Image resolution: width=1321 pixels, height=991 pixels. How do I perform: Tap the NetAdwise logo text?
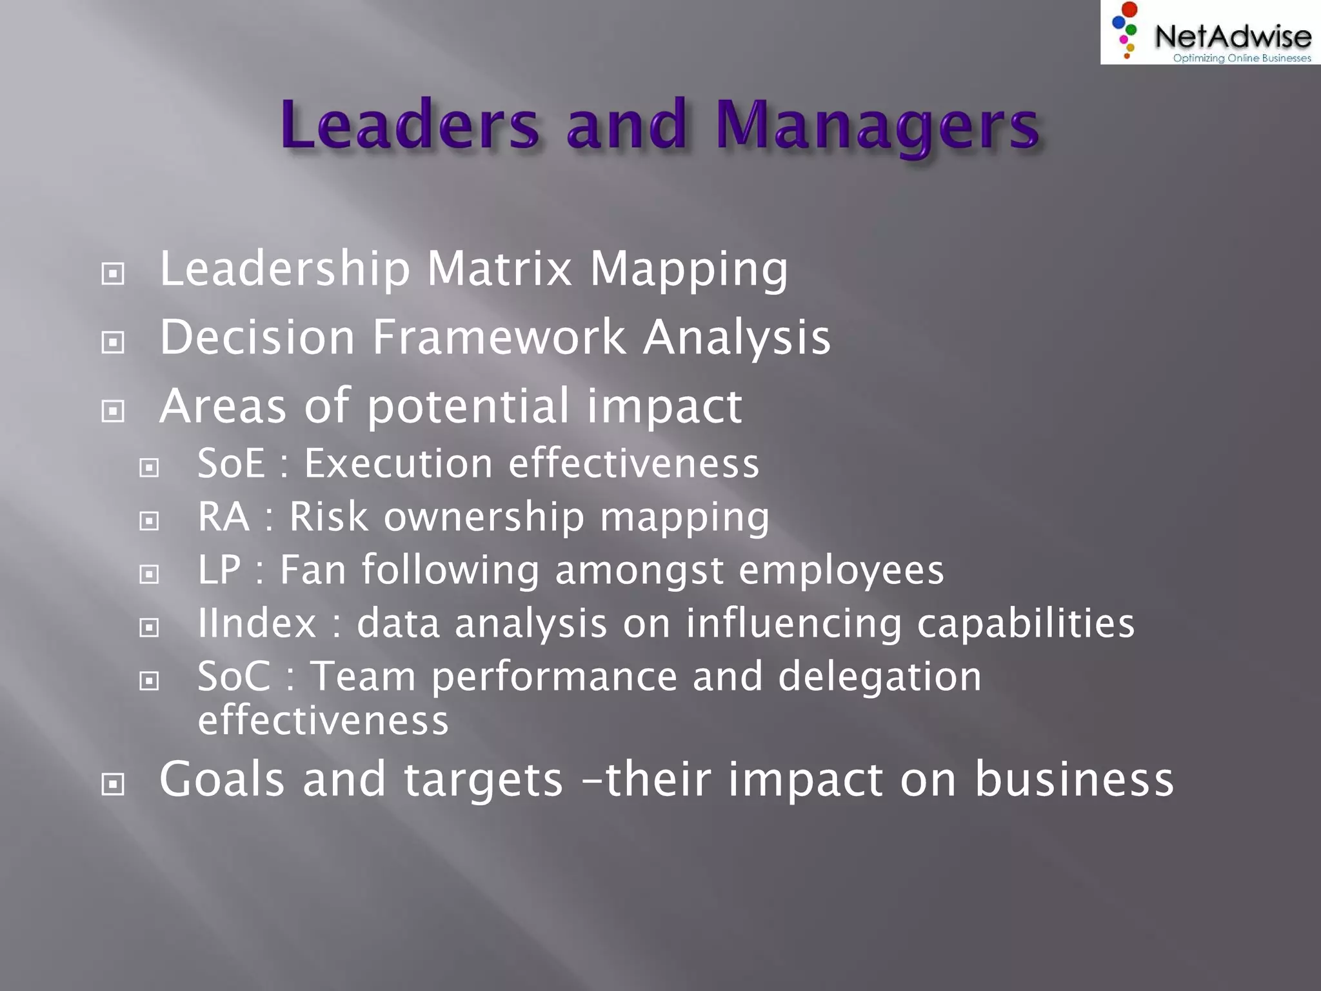(1233, 36)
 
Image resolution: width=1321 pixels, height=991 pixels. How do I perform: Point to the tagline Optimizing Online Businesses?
(1242, 58)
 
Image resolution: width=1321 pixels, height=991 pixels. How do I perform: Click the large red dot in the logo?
(1129, 10)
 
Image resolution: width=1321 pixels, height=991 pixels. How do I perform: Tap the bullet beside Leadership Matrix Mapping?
(113, 274)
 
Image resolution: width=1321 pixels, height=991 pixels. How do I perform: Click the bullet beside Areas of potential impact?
(113, 410)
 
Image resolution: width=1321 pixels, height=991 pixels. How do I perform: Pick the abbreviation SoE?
(231, 463)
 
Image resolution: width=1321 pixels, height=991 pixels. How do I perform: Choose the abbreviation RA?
(223, 516)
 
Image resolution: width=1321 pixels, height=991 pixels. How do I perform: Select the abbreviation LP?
(219, 570)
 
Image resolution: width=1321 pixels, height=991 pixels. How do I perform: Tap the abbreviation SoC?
(233, 676)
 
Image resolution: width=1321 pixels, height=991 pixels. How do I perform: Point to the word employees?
(841, 571)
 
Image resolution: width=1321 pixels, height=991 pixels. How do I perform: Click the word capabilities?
(1026, 624)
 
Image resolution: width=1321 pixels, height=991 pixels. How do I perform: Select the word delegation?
(880, 676)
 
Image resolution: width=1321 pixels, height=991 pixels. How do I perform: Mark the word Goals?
(222, 779)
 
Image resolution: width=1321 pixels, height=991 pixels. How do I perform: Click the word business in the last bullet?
(1074, 779)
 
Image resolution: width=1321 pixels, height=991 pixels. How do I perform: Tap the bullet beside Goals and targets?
(113, 784)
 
